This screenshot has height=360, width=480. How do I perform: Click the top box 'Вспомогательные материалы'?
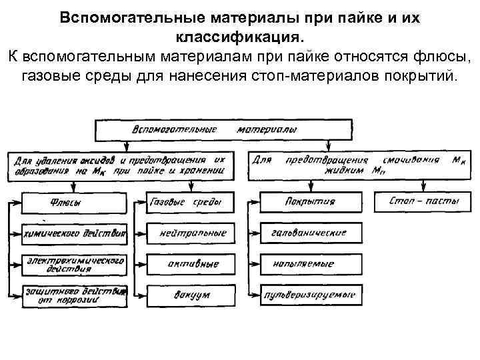pos(224,130)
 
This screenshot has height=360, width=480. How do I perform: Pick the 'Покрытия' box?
pos(309,201)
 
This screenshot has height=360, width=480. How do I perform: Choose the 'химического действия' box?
pos(73,233)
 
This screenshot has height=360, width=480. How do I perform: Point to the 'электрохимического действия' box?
pos(73,265)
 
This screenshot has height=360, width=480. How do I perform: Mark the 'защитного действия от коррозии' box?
pos(73,297)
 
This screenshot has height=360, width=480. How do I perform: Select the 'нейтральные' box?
pos(192,233)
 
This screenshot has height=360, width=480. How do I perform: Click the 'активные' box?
pos(192,264)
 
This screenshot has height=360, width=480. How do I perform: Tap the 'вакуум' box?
pos(192,294)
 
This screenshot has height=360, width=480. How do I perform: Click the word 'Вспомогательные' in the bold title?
pos(127,17)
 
